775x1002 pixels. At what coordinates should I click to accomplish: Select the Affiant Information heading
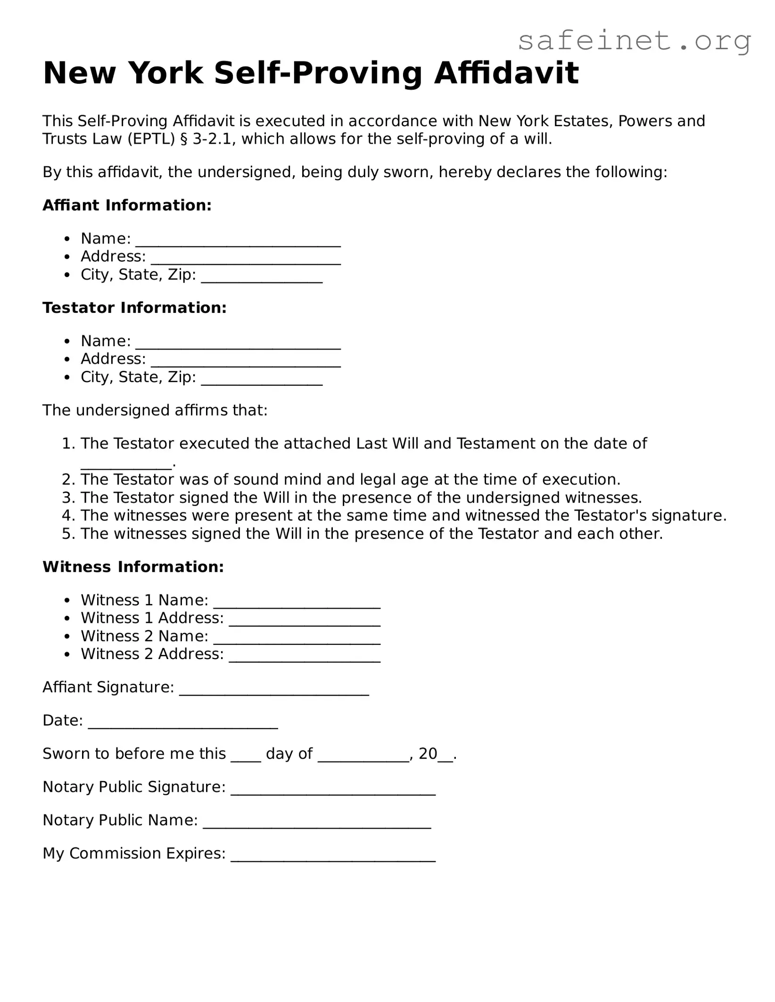point(127,205)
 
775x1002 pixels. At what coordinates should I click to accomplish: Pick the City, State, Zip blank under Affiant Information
point(262,277)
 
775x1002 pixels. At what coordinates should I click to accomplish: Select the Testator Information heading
point(134,308)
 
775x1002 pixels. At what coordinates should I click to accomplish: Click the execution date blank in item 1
point(126,464)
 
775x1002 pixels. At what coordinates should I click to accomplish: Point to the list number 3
point(69,497)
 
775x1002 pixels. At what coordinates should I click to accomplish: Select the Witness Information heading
point(133,567)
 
